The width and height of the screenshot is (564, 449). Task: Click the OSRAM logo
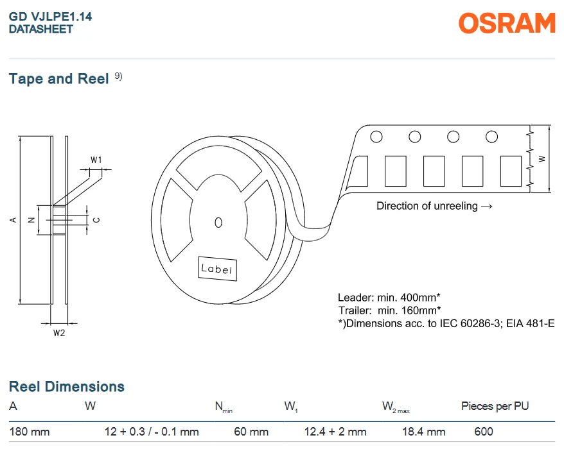pos(507,23)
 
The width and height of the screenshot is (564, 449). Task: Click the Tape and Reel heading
pos(58,79)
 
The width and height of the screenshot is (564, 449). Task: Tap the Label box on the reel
pos(217,268)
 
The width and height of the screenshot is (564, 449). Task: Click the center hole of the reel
pos(218,223)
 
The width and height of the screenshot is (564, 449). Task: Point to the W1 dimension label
pos(96,160)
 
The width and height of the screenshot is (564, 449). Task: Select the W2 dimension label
pos(59,333)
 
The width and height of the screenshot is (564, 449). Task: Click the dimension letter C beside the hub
pos(96,220)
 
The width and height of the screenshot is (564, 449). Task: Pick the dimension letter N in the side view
pos(31,220)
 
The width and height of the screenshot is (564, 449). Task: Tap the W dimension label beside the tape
pos(542,159)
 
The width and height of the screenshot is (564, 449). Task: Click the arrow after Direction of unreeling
pos(486,207)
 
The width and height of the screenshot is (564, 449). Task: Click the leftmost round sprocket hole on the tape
pos(376,137)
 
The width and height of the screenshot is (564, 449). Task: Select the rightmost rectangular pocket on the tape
pos(511,171)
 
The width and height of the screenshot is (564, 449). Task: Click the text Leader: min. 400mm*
pos(389,298)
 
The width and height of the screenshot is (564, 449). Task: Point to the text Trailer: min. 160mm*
pos(389,310)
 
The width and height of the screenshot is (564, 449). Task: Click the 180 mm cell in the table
pos(30,432)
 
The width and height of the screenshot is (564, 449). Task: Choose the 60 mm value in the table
pos(251,432)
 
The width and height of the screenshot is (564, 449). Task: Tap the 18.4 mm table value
pos(424,432)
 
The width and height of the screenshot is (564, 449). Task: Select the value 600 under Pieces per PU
pos(484,432)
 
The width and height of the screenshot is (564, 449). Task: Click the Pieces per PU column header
pos(495,406)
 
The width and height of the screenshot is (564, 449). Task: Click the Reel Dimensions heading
pos(67,387)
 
